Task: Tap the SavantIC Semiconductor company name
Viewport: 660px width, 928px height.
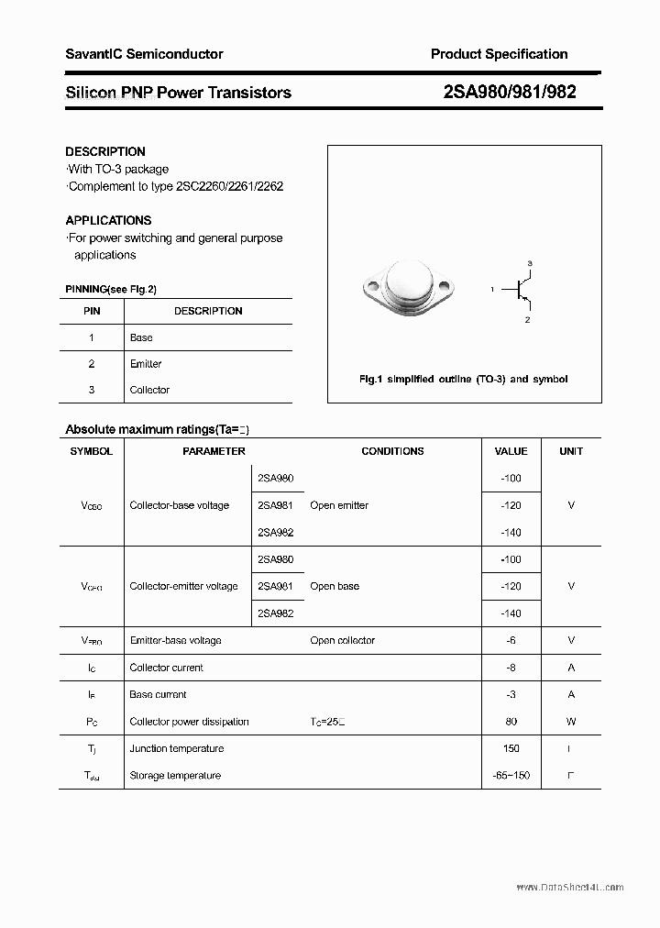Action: (144, 54)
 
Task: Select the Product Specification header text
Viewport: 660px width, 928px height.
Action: (499, 54)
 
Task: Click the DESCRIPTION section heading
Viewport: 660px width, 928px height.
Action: (105, 151)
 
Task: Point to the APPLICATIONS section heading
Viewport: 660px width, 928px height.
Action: (108, 220)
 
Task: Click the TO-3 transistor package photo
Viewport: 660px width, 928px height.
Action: (408, 285)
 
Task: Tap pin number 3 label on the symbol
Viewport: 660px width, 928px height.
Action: (530, 263)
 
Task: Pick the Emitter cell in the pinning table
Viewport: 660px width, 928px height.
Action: (146, 364)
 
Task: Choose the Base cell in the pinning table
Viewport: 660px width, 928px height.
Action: (141, 337)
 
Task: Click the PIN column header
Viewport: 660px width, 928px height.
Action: (92, 311)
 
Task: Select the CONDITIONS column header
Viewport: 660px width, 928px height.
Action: (392, 451)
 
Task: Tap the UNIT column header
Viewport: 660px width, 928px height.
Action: (571, 451)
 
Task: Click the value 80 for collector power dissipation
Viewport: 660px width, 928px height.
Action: (511, 722)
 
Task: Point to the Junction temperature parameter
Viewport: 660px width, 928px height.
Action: (176, 748)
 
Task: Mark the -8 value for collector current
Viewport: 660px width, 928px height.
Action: (511, 668)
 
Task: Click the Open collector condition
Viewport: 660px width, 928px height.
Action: (342, 640)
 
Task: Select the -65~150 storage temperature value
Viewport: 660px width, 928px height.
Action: (511, 776)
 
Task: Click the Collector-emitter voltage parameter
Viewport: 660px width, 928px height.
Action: (183, 586)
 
